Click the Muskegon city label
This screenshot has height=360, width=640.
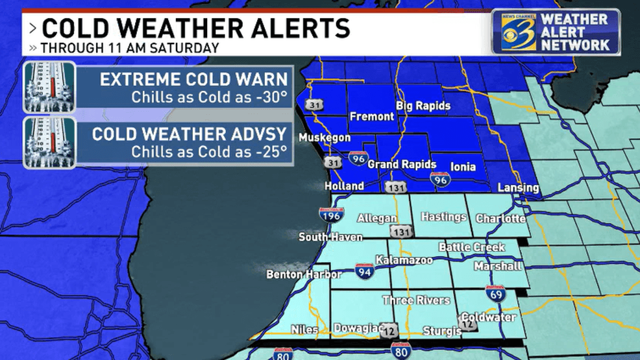325,138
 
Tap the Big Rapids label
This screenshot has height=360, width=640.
423,106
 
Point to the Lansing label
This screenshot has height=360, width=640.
518,187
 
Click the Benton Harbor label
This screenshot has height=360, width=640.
304,274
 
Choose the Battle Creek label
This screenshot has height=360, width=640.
471,247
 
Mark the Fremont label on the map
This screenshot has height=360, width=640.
372,117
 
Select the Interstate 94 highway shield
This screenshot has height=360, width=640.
365,272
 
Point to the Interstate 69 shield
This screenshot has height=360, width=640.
495,294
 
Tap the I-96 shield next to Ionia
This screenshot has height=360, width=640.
441,179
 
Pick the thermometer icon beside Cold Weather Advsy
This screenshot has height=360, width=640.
49,142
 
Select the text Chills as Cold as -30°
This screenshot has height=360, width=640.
209,98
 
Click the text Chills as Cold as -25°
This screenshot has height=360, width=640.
209,152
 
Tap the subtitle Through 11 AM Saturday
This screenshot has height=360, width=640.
130,48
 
